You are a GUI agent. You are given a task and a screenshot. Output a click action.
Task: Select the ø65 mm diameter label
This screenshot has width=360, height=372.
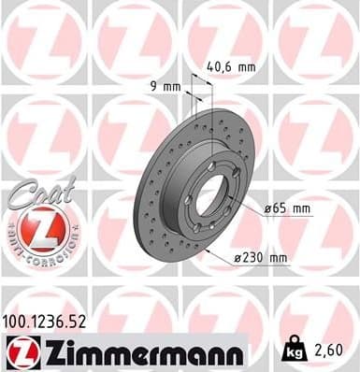[x=286, y=208]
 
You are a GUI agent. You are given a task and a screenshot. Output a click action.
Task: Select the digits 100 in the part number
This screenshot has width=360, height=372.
[x=18, y=321]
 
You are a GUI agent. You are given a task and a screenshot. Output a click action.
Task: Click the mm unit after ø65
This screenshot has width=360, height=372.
[x=300, y=208]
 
